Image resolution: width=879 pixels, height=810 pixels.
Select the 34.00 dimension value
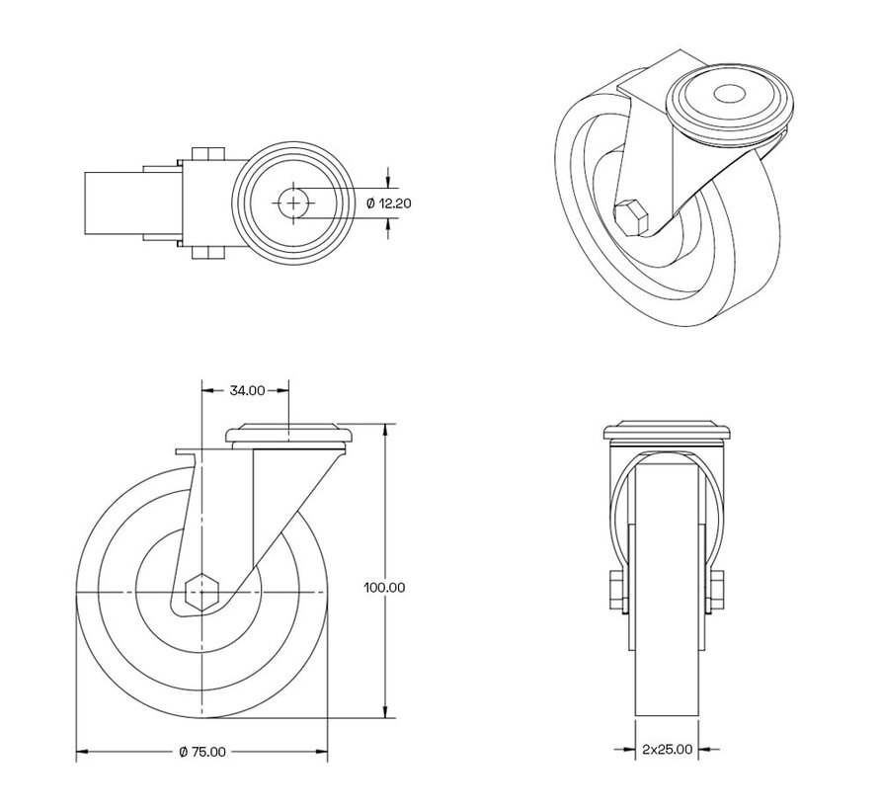pos(246,390)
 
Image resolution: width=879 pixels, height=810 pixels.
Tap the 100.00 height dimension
pos(384,587)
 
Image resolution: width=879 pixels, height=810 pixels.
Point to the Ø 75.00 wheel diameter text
pos(202,752)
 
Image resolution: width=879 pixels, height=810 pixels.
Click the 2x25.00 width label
pos(667,750)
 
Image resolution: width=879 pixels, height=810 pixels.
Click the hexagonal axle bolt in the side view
pos(203,592)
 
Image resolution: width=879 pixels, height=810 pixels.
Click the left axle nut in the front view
pos(615,591)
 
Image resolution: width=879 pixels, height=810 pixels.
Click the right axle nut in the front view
pos(717,591)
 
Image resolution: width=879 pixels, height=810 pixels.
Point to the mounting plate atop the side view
pos(288,434)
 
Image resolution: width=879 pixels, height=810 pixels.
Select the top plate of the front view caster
pos(667,432)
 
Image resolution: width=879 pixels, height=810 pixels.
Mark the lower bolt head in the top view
pos(206,254)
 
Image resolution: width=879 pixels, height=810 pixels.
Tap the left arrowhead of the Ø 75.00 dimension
pos(82,753)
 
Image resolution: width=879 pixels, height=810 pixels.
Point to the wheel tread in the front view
pos(667,691)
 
